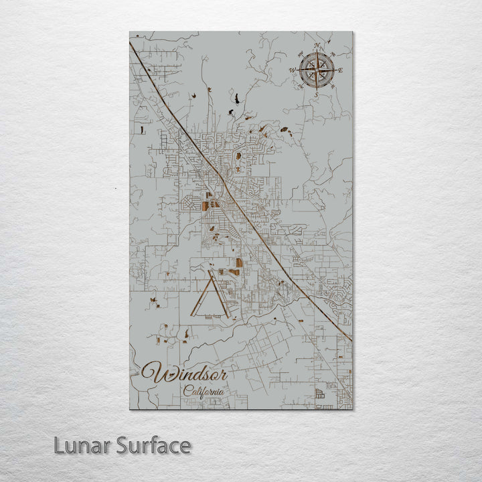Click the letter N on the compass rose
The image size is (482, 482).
point(317,46)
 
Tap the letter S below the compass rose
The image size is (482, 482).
point(317,95)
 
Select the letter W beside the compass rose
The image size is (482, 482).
point(292,70)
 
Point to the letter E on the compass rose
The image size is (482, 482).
point(341,70)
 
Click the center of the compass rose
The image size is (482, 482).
point(317,70)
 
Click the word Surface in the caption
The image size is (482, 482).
point(152,445)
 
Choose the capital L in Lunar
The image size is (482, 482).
point(59,445)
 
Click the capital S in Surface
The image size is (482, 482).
point(123,445)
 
